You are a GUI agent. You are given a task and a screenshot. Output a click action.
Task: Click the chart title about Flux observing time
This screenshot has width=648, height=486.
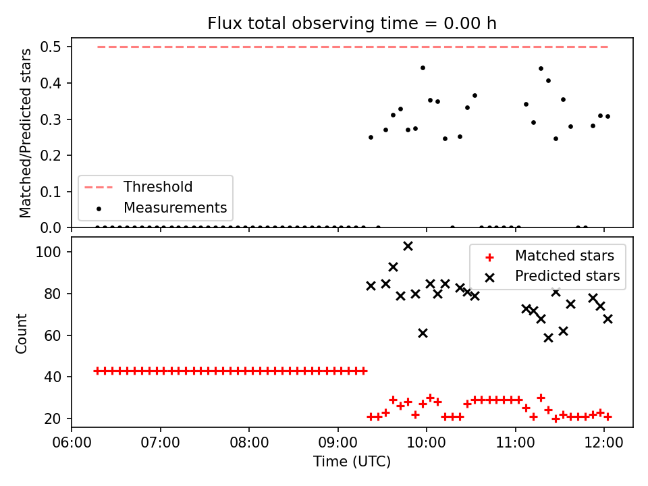[352, 24]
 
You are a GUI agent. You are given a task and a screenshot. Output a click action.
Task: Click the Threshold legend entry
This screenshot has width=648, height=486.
[138, 187]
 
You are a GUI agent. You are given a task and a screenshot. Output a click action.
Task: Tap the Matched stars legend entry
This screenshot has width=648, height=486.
[549, 256]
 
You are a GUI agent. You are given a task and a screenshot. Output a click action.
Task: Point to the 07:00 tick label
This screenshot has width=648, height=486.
[161, 443]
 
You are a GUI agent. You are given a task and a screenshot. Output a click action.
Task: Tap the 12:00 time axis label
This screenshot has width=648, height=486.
[604, 443]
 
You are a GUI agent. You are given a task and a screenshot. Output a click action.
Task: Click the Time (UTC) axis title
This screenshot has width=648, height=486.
[352, 462]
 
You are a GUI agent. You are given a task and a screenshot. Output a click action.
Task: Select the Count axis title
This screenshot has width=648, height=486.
[21, 333]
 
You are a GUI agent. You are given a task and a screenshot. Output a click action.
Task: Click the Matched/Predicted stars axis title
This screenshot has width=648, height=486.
[25, 133]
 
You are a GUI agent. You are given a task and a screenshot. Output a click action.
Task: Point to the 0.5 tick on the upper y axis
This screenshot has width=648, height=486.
[51, 47]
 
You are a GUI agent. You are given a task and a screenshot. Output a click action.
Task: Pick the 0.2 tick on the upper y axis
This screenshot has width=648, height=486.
[51, 156]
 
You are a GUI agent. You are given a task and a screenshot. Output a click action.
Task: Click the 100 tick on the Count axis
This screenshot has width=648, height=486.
[49, 252]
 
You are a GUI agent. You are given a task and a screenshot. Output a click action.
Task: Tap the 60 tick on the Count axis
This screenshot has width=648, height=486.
[53, 335]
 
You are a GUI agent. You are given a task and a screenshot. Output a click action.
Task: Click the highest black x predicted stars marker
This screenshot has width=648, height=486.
[408, 246]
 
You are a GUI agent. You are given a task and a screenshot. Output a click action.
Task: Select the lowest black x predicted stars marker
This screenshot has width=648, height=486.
[548, 338]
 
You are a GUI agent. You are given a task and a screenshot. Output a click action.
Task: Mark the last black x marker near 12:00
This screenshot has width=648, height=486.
[607, 319]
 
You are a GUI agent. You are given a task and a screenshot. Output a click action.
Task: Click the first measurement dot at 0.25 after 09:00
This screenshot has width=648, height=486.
[371, 137]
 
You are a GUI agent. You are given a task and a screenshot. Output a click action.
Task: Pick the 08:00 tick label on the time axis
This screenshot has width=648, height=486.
[249, 443]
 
